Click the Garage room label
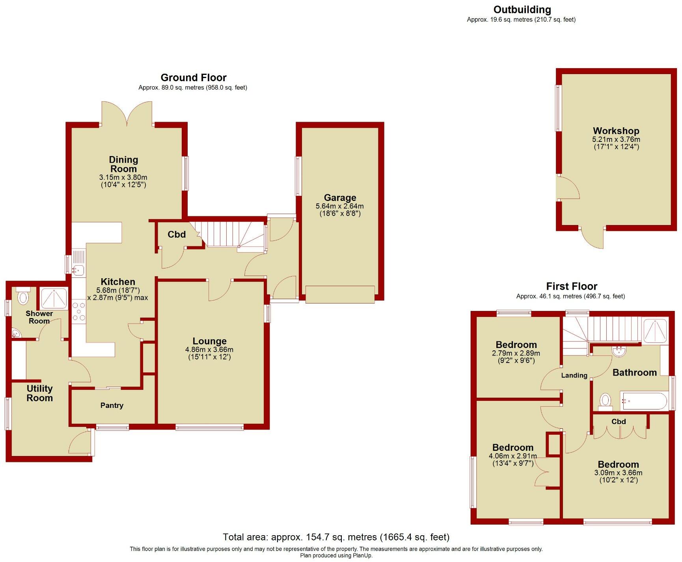pos(340,198)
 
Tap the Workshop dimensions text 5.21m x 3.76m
pos(616,140)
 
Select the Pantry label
pos(112,406)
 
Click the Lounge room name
pos(209,341)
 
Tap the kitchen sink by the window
pos(78,270)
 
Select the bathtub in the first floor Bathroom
pos(643,401)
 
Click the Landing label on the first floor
pos(574,376)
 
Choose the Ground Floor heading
pos(194,78)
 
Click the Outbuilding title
pos(522,10)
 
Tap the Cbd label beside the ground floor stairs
pos(176,235)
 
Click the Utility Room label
pos(39,393)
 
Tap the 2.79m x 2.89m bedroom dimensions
pos(516,354)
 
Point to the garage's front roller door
pos(340,294)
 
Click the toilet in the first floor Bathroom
pos(605,400)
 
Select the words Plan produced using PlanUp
pos(336,556)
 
